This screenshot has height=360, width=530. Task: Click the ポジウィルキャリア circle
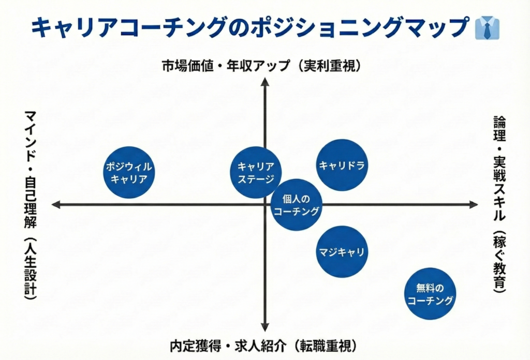[x=130, y=173]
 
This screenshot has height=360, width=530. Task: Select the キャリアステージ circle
[x=256, y=173]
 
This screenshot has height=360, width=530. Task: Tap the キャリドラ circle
[x=342, y=166]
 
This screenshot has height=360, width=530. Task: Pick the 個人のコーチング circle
[x=297, y=205]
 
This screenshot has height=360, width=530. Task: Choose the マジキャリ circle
[x=342, y=252]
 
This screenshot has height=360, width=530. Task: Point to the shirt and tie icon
[x=487, y=28]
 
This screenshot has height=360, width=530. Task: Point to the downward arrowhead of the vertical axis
[x=264, y=327]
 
